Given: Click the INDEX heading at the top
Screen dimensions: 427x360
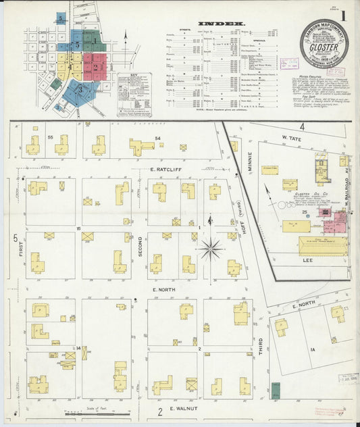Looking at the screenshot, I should tap(222, 24).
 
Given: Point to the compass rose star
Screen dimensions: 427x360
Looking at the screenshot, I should tap(211, 250).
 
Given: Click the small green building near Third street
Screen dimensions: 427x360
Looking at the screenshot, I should tap(276, 390).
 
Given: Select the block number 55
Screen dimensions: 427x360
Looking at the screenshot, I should tap(50, 137).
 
